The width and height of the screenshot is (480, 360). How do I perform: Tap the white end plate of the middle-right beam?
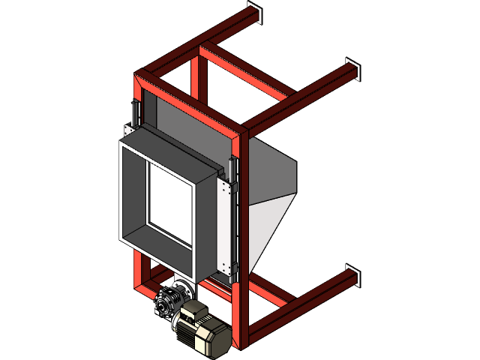(x=353, y=69)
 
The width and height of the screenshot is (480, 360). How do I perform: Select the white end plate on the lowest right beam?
(x=353, y=274)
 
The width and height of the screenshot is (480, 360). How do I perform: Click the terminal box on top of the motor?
(x=196, y=308)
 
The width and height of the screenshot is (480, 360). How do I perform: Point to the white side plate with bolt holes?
(x=225, y=225)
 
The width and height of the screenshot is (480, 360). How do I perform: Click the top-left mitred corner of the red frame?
(x=140, y=77)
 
